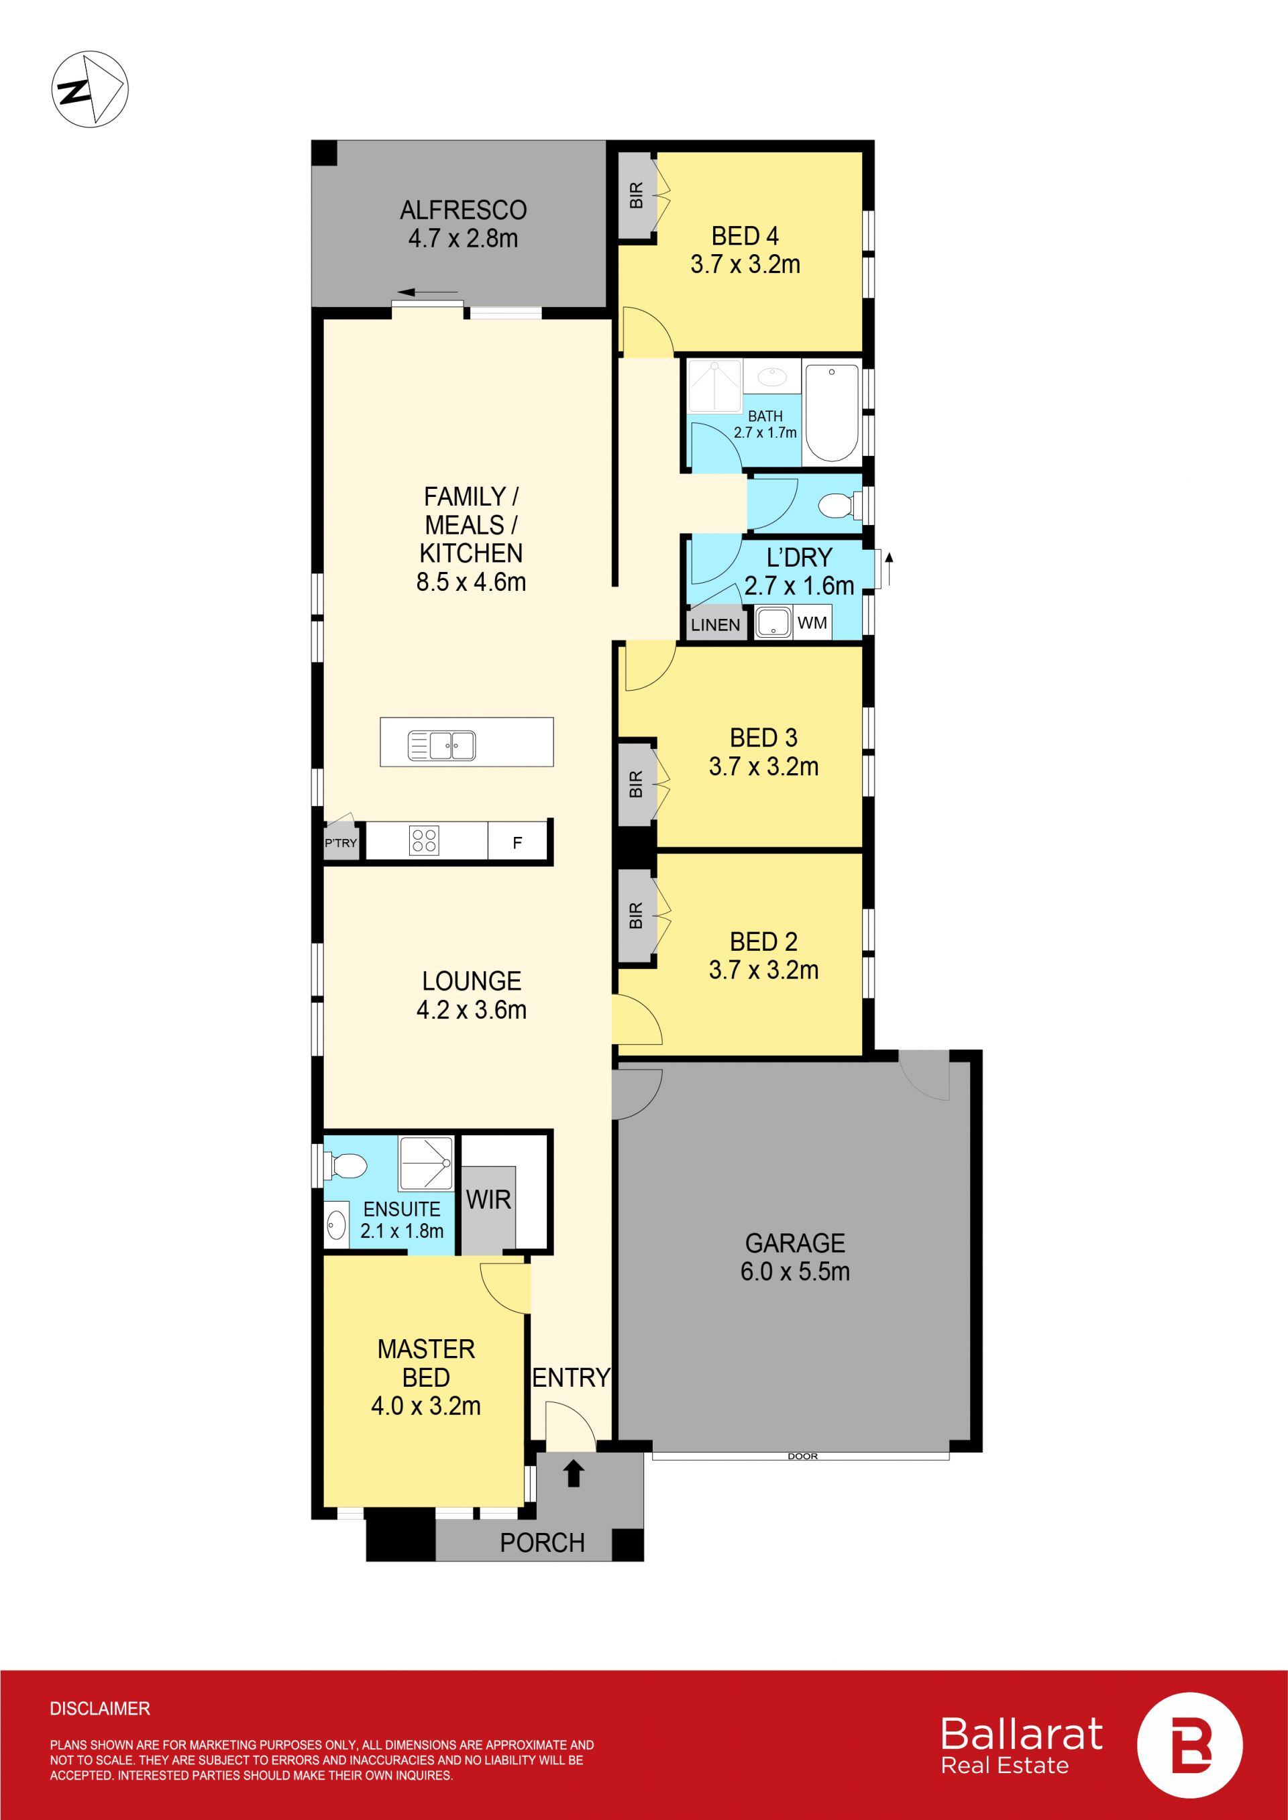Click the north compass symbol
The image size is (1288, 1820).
(90, 89)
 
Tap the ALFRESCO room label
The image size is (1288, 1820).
(463, 210)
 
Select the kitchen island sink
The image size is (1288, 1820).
(442, 745)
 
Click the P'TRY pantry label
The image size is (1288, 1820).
(341, 843)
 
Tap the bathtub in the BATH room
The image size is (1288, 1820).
(831, 412)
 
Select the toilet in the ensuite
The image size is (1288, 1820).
(345, 1166)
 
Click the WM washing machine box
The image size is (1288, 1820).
(812, 622)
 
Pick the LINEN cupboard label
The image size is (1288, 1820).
(715, 624)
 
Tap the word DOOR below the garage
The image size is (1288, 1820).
(802, 1456)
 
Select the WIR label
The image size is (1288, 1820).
(488, 1199)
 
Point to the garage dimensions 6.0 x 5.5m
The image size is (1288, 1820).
(795, 1271)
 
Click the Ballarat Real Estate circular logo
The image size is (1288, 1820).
(1189, 1745)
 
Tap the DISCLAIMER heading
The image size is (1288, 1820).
(100, 1708)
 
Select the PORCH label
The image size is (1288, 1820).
(543, 1542)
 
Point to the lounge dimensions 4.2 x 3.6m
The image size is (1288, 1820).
(471, 1009)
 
